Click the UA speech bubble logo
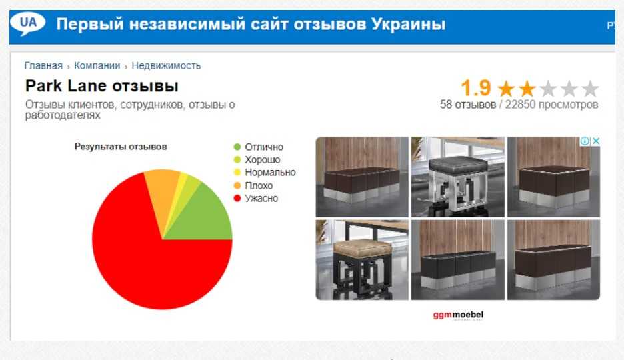[x=27, y=23]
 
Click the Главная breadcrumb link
[x=43, y=65]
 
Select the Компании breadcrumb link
[x=97, y=65]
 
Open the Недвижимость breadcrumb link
[x=166, y=65]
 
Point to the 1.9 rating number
[x=475, y=88]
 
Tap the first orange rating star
[x=506, y=89]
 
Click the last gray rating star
[x=590, y=89]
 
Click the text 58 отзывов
[x=468, y=105]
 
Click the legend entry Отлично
[x=259, y=147]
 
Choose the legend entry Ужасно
[x=256, y=198]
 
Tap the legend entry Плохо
[x=253, y=185]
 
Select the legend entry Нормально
[x=265, y=172]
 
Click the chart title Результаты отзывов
[x=121, y=147]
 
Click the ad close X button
[x=596, y=141]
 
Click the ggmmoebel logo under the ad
[x=458, y=315]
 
